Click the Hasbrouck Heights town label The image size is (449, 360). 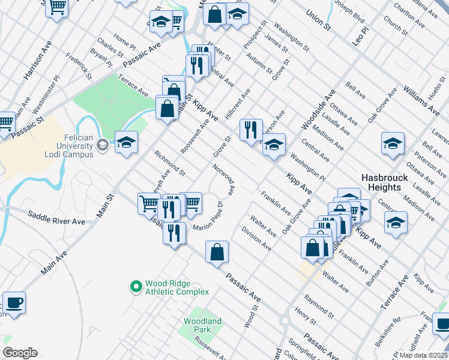pos(385,182)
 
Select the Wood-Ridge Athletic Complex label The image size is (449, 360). pos(176,288)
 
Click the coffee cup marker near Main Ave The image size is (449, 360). pos(14,302)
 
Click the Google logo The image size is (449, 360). pos(20,353)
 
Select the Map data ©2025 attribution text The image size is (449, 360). pos(424,355)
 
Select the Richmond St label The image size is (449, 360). pos(170,164)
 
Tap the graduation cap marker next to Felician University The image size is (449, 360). pos(126,143)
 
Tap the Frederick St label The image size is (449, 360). pos(79,68)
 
